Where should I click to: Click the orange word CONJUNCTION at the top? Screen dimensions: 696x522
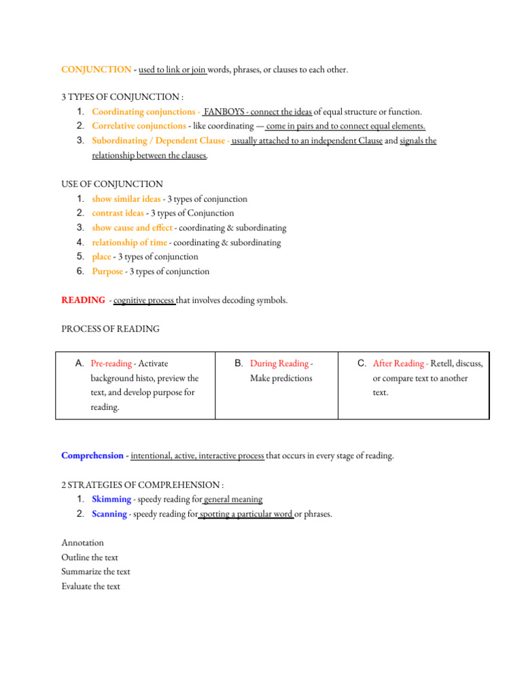[97, 69]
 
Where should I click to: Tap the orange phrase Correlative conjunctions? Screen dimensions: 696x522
[139, 126]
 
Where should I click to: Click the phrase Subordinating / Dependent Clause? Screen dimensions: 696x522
[159, 141]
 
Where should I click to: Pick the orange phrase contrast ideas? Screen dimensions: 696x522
[118, 213]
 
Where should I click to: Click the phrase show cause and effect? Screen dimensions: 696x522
[132, 228]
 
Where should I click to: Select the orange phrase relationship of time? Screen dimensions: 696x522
[129, 243]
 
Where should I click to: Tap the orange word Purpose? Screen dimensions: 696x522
[107, 271]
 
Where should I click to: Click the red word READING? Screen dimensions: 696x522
[83, 300]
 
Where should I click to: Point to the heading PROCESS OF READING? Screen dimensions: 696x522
[111, 329]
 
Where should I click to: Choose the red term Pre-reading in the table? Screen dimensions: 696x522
[111, 364]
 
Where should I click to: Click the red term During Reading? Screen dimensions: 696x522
[279, 364]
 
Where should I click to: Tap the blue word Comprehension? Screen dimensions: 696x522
[92, 455]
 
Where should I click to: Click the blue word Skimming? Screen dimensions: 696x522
[111, 500]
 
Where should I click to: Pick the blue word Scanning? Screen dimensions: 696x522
[109, 514]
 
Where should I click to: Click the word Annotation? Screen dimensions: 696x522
[83, 543]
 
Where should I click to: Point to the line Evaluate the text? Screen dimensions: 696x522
[90, 587]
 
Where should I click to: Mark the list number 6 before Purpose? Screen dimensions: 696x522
[80, 271]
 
